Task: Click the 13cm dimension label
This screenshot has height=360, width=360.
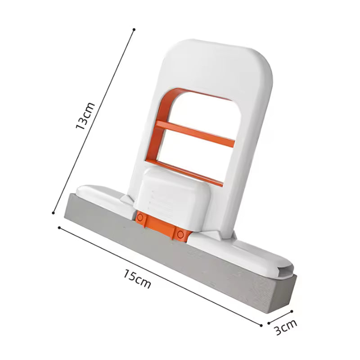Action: (x=85, y=116)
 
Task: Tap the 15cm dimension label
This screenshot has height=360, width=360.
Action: (x=137, y=279)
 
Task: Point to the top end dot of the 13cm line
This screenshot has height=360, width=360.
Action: (x=134, y=30)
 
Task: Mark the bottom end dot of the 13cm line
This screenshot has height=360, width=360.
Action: (x=54, y=213)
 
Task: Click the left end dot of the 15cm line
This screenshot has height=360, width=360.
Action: (x=59, y=228)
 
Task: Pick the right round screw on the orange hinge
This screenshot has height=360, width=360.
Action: (x=181, y=234)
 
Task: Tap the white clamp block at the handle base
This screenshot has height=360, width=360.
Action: (x=173, y=198)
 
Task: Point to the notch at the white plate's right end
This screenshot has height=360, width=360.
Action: (x=284, y=270)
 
